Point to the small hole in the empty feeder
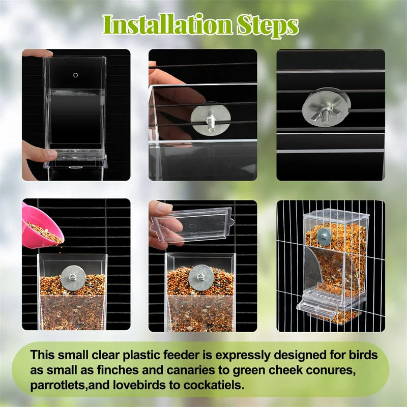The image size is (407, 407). coord(75,75)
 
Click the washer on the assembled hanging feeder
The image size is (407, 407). coord(324,235)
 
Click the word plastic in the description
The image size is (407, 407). coord(136,355)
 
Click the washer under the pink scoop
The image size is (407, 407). coord(73,276)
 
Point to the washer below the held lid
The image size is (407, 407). coord(200,276)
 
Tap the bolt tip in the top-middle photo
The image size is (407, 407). coord(209,118)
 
